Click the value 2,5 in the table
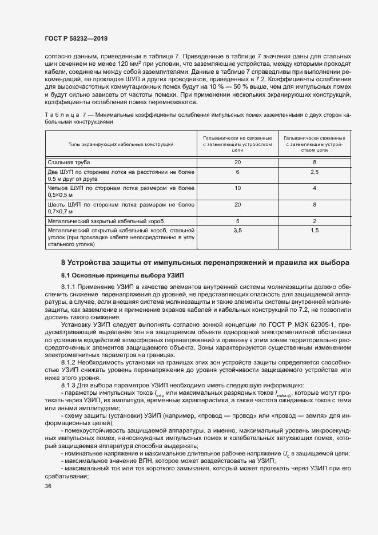coord(315,172)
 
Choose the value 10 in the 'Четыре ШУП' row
coord(237,188)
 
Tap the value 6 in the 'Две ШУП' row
coord(237,172)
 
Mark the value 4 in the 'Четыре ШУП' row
coord(315,188)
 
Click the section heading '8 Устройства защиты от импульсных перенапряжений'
coord(204,263)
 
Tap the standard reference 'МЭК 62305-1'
coord(298,324)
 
